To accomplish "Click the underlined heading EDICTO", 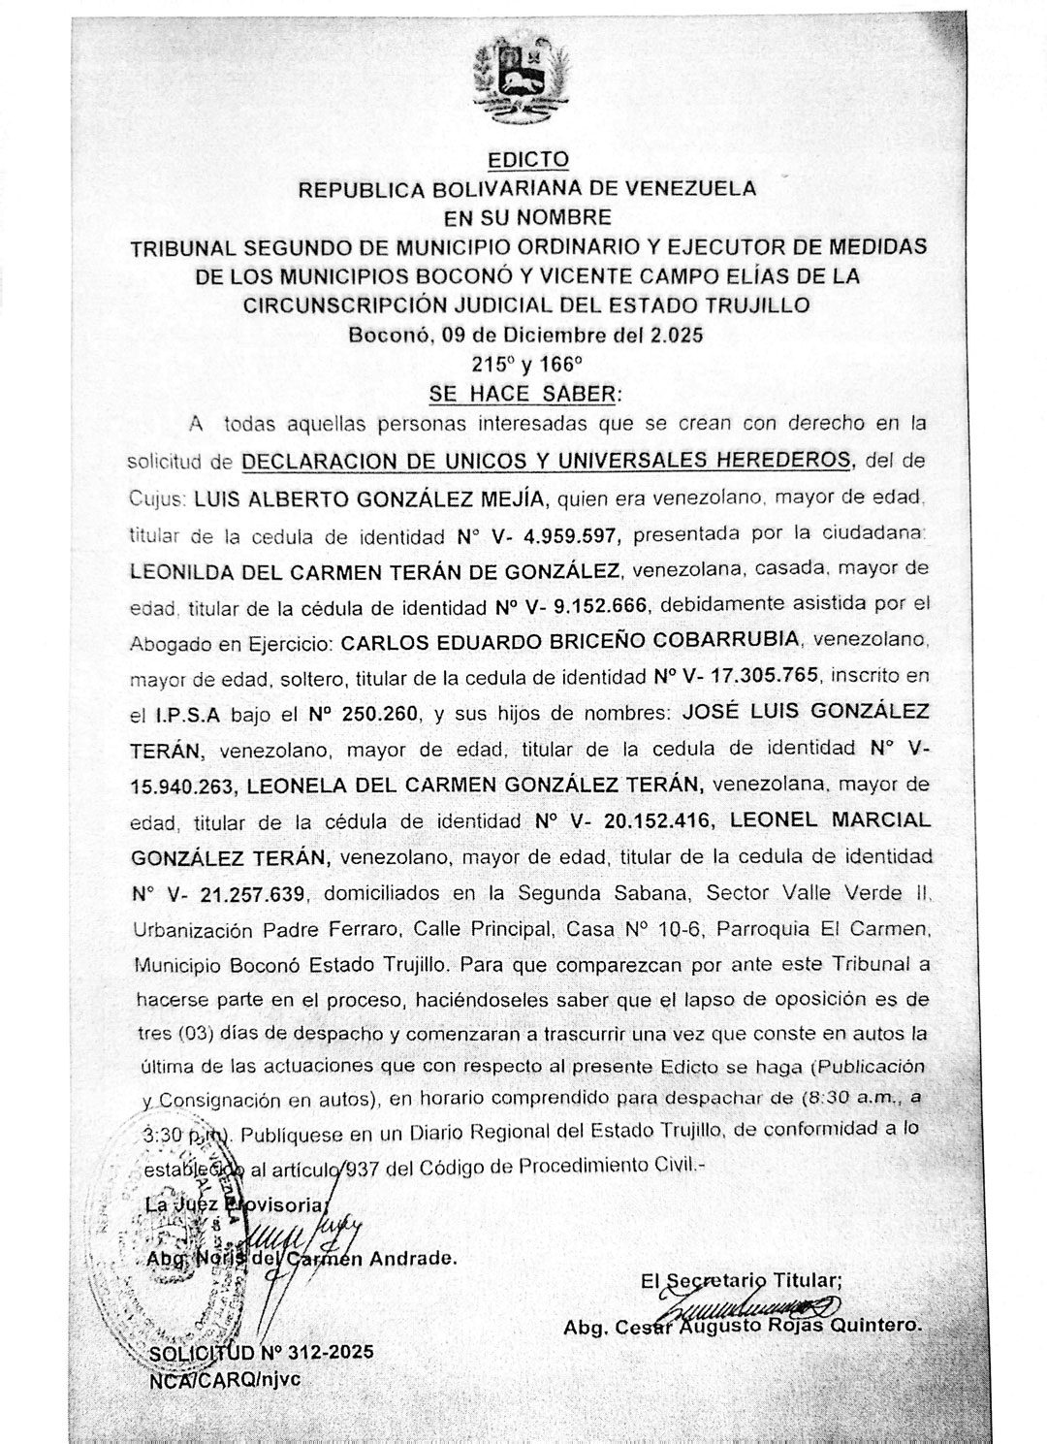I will coord(527,159).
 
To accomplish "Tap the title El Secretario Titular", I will coord(742,1280).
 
